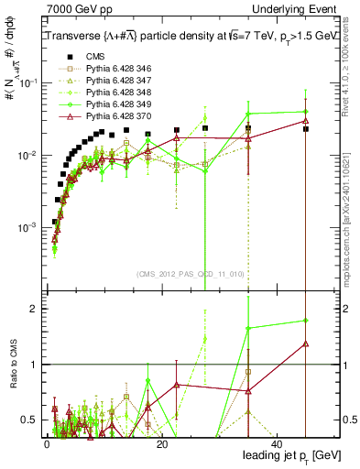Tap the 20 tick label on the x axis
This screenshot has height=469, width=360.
click(161, 443)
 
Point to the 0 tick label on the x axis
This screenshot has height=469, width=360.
click(46, 443)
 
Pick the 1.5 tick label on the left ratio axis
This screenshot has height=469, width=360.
click(29, 336)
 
